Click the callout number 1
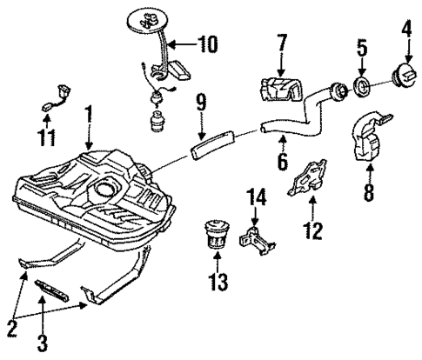tap(87, 113)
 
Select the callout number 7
tap(282, 43)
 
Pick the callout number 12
tap(315, 230)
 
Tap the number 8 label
tap(368, 191)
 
